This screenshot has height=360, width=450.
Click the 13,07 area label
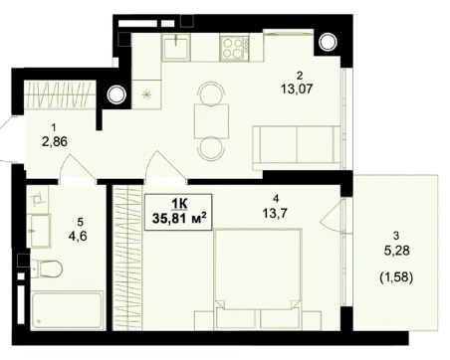tap(297, 89)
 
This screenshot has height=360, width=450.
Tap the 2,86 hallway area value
tap(55, 142)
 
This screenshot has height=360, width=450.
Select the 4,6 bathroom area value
tap(78, 237)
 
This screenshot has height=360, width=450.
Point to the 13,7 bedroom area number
tap(275, 213)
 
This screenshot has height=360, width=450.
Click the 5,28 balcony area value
tap(396, 251)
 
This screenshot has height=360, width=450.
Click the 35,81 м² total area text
tap(179, 218)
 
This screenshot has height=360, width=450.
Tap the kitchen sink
tap(176, 48)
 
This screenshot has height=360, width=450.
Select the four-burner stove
tap(234, 49)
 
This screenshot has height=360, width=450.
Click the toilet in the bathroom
tap(48, 269)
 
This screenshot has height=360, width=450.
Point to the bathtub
tap(67, 310)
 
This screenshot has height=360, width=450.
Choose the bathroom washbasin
tap(41, 231)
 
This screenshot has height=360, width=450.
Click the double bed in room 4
tap(258, 278)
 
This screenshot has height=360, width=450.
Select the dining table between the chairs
tap(212, 121)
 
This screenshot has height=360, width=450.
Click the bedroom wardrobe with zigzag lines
tap(127, 258)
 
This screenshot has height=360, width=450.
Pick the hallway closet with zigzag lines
tap(60, 94)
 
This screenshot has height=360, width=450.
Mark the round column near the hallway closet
tap(116, 94)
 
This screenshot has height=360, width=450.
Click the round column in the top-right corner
tap(328, 42)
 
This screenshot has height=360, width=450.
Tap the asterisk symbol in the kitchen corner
tap(146, 94)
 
